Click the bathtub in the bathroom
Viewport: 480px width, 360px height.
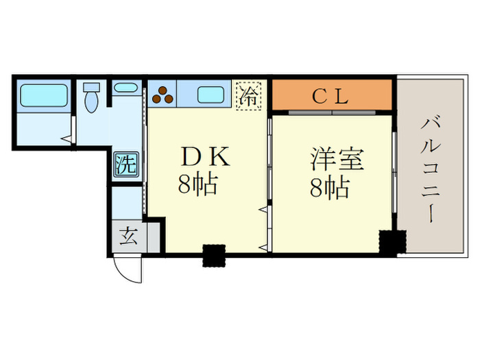pyautogui.click(x=43, y=95)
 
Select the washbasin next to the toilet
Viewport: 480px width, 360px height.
pyautogui.click(x=125, y=88)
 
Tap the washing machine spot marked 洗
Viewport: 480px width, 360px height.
pyautogui.click(x=125, y=164)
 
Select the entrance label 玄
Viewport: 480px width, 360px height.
pyautogui.click(x=128, y=237)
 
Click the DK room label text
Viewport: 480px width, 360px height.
pyautogui.click(x=203, y=158)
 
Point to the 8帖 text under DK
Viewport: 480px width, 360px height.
pyautogui.click(x=197, y=186)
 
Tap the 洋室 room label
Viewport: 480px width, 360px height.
pyautogui.click(x=335, y=159)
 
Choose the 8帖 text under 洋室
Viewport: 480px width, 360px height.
pyautogui.click(x=330, y=187)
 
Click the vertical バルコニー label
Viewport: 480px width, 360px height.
pyautogui.click(x=431, y=169)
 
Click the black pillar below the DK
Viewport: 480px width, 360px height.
pyautogui.click(x=213, y=255)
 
